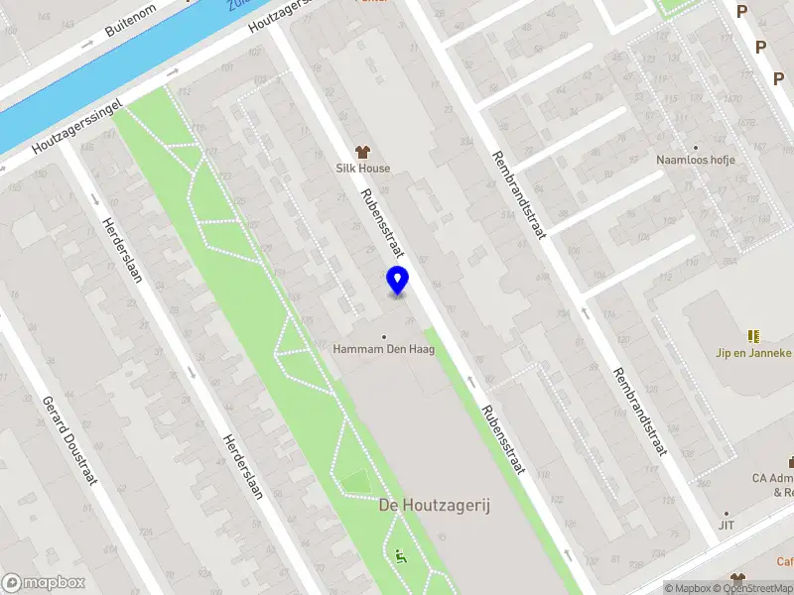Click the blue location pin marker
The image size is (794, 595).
pyautogui.click(x=398, y=281)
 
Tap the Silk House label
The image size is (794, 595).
pyautogui.click(x=361, y=169)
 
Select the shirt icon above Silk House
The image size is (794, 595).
pyautogui.click(x=362, y=152)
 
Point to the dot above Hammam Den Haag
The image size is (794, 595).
pyautogui.click(x=385, y=336)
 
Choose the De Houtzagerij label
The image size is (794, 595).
pyautogui.click(x=435, y=506)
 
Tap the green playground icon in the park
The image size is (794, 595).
pyautogui.click(x=400, y=555)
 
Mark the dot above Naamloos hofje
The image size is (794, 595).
pyautogui.click(x=695, y=147)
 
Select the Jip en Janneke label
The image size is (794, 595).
pyautogui.click(x=754, y=352)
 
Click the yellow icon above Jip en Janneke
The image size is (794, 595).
pyautogui.click(x=753, y=335)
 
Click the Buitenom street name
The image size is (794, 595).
pyautogui.click(x=131, y=28)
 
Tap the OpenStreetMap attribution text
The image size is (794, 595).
pyautogui.click(x=753, y=588)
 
